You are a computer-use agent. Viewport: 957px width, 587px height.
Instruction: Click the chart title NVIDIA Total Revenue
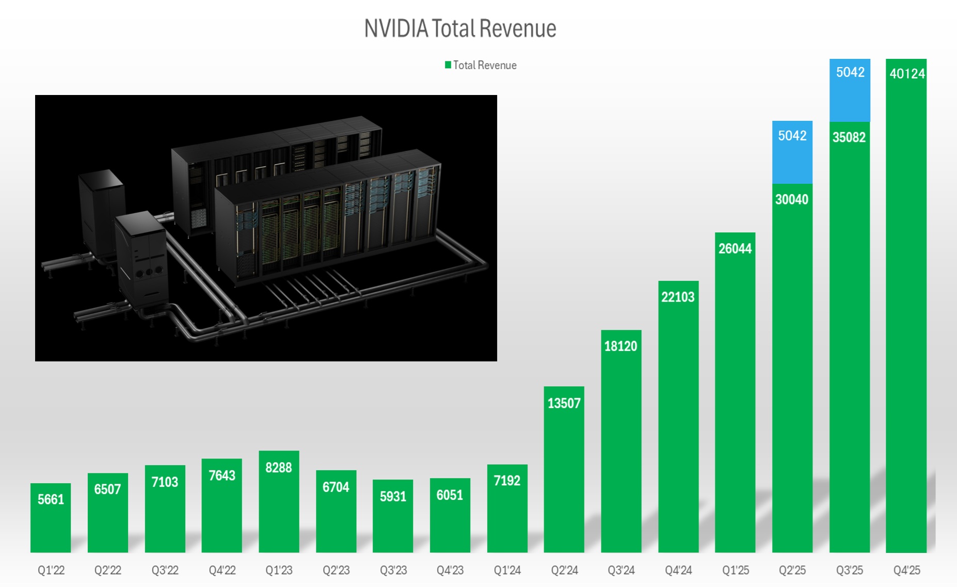tap(460, 28)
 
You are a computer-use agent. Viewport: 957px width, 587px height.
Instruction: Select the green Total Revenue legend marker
tap(448, 65)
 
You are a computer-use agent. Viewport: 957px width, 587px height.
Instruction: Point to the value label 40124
tap(907, 74)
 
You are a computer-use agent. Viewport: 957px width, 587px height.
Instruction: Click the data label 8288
tap(279, 468)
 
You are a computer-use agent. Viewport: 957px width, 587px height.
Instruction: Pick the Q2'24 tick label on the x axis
tap(564, 570)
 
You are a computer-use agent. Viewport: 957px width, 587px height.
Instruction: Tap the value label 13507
tap(564, 403)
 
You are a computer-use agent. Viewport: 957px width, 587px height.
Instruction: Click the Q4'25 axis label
tap(906, 570)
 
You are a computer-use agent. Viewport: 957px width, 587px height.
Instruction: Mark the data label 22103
tap(678, 297)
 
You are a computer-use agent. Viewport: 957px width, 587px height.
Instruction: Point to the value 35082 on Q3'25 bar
tap(849, 137)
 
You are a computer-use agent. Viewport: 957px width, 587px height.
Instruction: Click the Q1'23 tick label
tap(279, 570)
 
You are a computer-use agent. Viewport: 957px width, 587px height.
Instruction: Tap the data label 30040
tap(791, 199)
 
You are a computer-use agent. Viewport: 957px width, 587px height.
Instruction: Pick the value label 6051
tap(450, 495)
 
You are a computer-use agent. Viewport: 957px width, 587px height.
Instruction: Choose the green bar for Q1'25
tap(735, 403)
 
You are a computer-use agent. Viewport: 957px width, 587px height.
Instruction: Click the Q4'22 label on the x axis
tap(222, 570)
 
